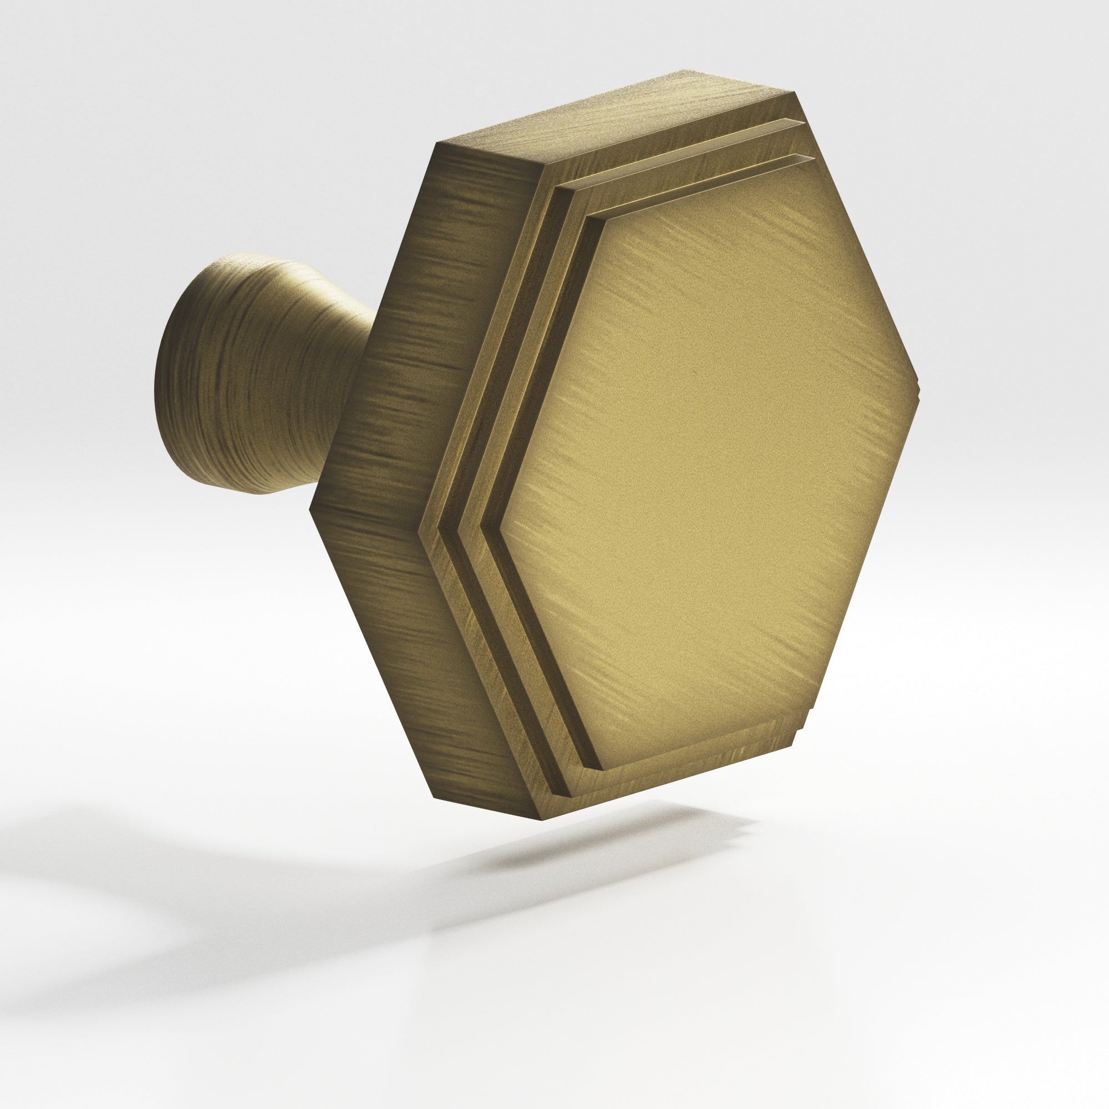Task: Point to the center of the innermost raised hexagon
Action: pyautogui.click(x=700, y=454)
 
